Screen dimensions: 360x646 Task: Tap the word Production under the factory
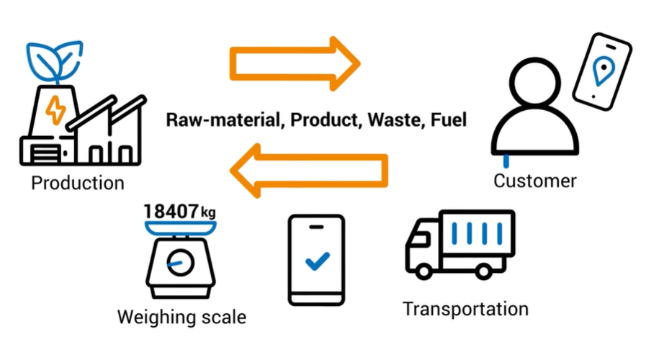click(x=78, y=183)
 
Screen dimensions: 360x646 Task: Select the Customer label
click(x=534, y=180)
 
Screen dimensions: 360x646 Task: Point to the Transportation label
click(x=465, y=309)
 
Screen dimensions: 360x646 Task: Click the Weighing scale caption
click(x=181, y=316)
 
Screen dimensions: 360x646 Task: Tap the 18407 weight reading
click(x=171, y=211)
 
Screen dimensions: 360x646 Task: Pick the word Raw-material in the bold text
click(x=220, y=120)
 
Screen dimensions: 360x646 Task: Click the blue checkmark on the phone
click(x=316, y=261)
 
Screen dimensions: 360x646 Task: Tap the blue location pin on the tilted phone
click(x=601, y=71)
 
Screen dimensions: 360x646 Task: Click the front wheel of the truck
click(x=425, y=271)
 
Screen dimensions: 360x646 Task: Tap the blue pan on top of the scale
click(x=181, y=228)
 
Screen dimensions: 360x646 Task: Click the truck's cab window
click(x=421, y=238)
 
